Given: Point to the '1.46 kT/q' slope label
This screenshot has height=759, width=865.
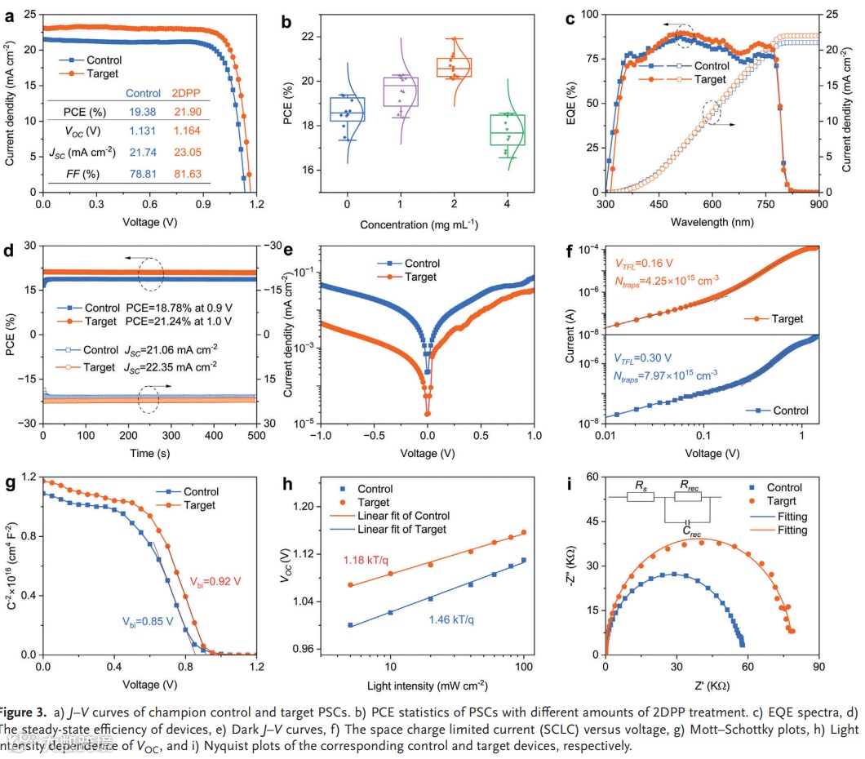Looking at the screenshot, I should click(451, 619).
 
